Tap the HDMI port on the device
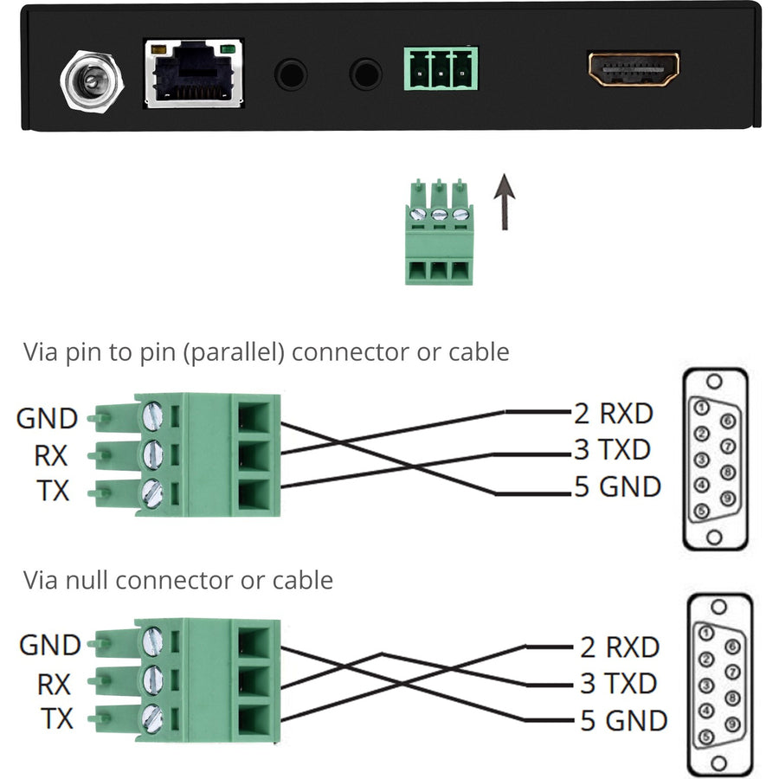tap(634, 69)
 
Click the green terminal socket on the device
tap(441, 68)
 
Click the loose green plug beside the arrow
tap(439, 232)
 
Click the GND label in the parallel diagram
tap(47, 419)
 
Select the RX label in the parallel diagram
tap(52, 455)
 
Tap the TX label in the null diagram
tap(55, 718)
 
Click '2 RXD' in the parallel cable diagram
tap(613, 414)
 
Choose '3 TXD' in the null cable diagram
tap(618, 683)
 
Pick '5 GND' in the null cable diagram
tap(623, 720)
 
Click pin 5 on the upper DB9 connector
tap(702, 510)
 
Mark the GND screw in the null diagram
tap(152, 641)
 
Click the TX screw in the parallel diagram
tap(152, 493)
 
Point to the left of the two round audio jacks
tap(291, 74)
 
